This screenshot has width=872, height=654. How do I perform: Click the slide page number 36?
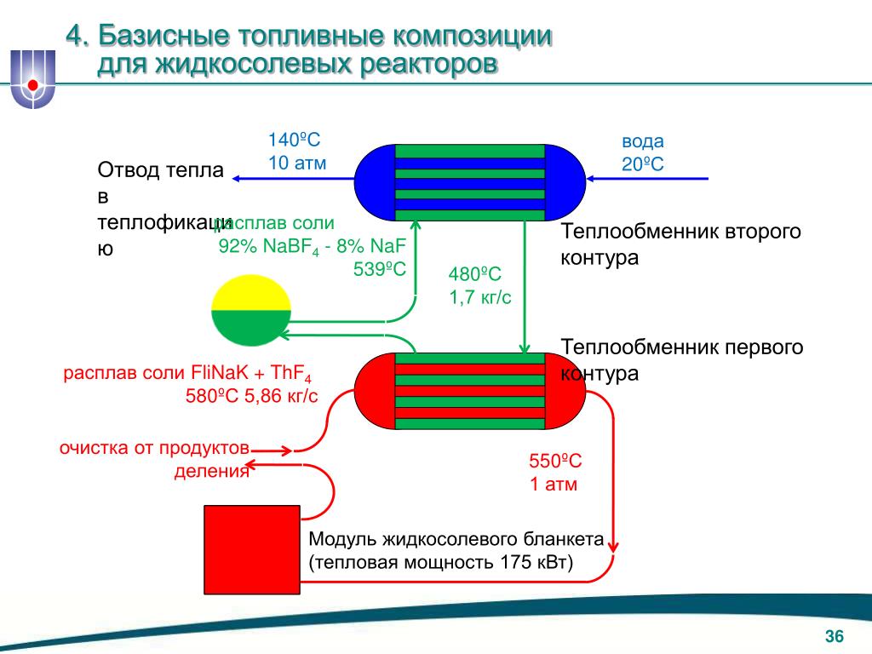click(x=833, y=637)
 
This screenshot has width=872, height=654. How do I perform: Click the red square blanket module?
click(x=251, y=554)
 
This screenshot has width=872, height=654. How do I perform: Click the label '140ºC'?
click(x=294, y=141)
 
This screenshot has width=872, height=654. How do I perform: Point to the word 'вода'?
click(x=642, y=141)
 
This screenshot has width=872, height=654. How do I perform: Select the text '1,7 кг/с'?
click(x=480, y=297)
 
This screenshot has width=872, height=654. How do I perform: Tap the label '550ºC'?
click(x=555, y=462)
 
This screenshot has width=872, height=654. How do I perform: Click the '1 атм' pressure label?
click(x=554, y=485)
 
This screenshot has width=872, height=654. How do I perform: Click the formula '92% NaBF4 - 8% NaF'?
click(x=313, y=247)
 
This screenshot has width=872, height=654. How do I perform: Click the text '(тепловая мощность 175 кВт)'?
click(x=441, y=562)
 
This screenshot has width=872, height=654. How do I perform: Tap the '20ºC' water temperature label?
click(x=642, y=163)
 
